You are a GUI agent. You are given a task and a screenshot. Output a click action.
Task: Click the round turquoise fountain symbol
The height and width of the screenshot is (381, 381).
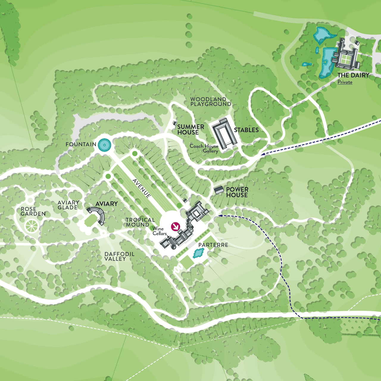[104, 145]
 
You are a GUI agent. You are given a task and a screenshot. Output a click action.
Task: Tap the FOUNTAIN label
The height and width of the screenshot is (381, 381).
[81, 144]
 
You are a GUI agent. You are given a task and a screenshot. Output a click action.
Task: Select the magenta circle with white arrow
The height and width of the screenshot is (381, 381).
[176, 227]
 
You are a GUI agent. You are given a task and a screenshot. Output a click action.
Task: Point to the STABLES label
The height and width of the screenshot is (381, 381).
[246, 130]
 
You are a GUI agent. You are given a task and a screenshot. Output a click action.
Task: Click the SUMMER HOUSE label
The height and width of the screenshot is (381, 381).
[190, 129]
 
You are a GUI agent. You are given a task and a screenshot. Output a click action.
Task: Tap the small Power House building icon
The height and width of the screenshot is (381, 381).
[219, 190]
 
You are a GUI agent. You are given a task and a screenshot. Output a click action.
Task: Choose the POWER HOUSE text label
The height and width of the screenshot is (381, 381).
[237, 192]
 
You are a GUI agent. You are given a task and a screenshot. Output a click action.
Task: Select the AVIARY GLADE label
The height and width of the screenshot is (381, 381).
[68, 205]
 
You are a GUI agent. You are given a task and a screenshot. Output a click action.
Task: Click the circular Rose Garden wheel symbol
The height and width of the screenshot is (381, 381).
[31, 226]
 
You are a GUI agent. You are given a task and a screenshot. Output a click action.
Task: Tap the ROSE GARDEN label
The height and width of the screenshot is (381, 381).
[33, 211]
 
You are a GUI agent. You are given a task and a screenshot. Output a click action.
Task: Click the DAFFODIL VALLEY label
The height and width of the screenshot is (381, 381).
[119, 256]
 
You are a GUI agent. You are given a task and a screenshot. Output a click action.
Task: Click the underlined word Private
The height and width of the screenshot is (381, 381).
[345, 82]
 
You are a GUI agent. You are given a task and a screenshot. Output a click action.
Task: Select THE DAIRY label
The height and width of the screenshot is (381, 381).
[353, 75]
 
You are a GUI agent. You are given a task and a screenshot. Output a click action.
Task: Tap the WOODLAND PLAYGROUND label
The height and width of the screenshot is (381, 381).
[210, 102]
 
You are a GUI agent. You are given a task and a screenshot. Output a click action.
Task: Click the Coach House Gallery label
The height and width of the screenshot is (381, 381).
[204, 148]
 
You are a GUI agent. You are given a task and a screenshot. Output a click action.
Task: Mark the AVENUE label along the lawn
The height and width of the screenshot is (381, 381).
[142, 188]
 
